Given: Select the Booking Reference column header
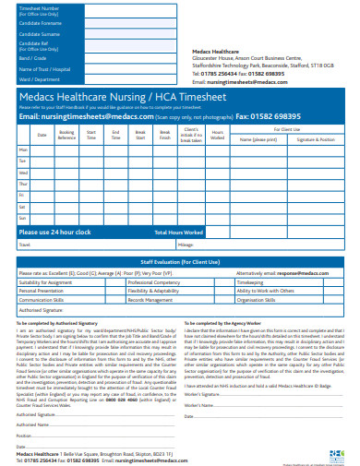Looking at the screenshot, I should click(x=67, y=135).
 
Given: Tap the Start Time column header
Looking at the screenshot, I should click(x=91, y=135).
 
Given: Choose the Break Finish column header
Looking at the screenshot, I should click(x=164, y=135).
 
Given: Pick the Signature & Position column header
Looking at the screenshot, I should click(x=316, y=139).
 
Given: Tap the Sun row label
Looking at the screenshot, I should click(x=23, y=219).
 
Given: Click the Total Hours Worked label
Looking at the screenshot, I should click(x=179, y=232).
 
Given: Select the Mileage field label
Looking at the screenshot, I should click(x=186, y=245).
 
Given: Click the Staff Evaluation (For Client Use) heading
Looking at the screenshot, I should click(x=178, y=262).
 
